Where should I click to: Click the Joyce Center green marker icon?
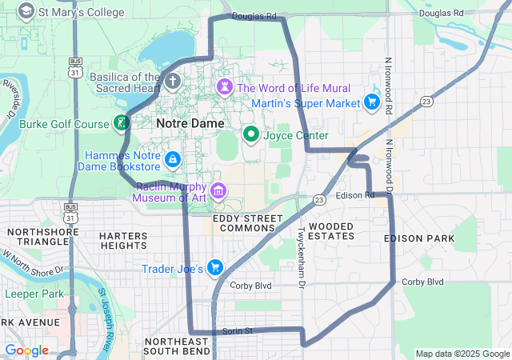pyautogui.click(x=250, y=134)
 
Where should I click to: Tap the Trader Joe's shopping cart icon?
pyautogui.click(x=214, y=267)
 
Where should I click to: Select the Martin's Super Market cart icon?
pyautogui.click(x=371, y=102)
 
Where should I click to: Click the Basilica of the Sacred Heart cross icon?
pyautogui.click(x=174, y=81)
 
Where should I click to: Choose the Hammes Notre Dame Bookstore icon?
pyautogui.click(x=171, y=159)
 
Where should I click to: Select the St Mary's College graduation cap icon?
pyautogui.click(x=26, y=11)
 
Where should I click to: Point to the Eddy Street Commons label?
pyautogui.click(x=244, y=222)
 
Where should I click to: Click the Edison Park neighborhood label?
pyautogui.click(x=418, y=238)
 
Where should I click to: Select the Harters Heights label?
pyautogui.click(x=123, y=241)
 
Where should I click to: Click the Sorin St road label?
pyautogui.click(x=237, y=330)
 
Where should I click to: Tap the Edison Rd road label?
pyautogui.click(x=355, y=195)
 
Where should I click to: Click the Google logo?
pyautogui.click(x=26, y=350)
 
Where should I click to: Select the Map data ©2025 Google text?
pyautogui.click(x=462, y=354)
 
